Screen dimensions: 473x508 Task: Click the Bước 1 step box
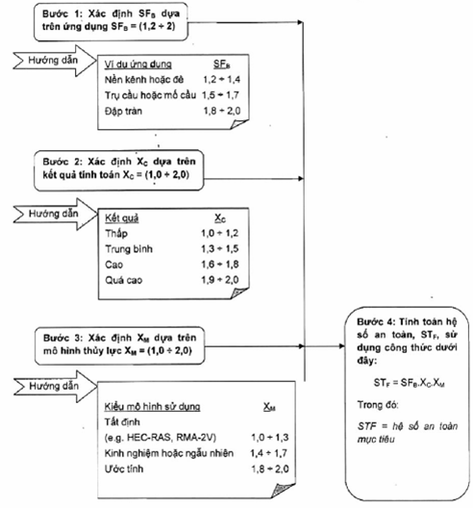pyautogui.click(x=111, y=22)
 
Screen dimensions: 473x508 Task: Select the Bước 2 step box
pyautogui.click(x=119, y=170)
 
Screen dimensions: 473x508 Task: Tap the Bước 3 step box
pyautogui.click(x=119, y=345)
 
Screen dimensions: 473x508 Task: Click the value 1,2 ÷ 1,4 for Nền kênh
pyautogui.click(x=221, y=79)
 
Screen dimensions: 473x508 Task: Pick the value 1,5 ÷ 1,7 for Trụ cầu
pyautogui.click(x=220, y=95)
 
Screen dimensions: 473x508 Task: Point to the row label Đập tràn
pyautogui.click(x=123, y=112)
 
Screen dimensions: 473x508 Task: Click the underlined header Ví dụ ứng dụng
pyautogui.click(x=137, y=64)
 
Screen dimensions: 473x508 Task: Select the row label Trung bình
pyautogui.click(x=129, y=249)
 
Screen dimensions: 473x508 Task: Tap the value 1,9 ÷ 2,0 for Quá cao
pyautogui.click(x=220, y=280)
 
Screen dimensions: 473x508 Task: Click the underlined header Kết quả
pyautogui.click(x=122, y=218)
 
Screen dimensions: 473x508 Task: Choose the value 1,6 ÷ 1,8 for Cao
pyautogui.click(x=220, y=265)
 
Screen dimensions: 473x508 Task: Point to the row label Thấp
pyautogui.click(x=116, y=233)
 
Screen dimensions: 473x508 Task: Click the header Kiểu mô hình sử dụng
pyautogui.click(x=152, y=407)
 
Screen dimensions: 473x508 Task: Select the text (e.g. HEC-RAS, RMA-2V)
pyautogui.click(x=161, y=438)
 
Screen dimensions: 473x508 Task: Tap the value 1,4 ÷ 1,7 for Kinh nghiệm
pyautogui.click(x=269, y=453)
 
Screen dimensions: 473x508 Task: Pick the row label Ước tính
pyautogui.click(x=124, y=469)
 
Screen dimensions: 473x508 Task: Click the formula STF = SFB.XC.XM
pyautogui.click(x=410, y=383)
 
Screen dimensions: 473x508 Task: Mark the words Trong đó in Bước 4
pyautogui.click(x=378, y=405)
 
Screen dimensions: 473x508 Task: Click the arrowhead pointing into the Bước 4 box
pyautogui.click(x=342, y=346)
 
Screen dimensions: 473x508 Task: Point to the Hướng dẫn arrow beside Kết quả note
pyautogui.click(x=55, y=215)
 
